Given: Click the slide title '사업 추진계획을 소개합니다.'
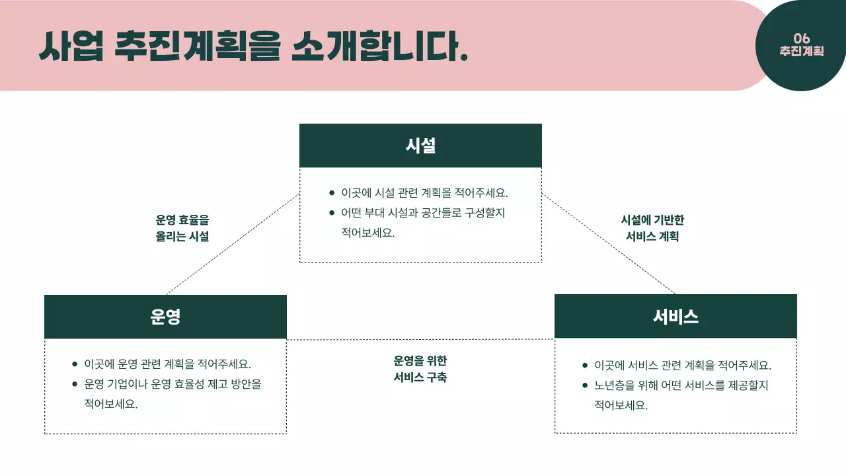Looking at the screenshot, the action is point(253,46).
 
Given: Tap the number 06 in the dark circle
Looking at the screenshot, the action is point(802,38).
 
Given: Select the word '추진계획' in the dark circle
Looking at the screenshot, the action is point(802,51).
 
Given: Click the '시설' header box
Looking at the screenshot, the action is point(420,145).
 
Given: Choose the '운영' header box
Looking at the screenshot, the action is point(165,317).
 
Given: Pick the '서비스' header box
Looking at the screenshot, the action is point(675,316).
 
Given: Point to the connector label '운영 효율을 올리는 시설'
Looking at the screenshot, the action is point(182,228).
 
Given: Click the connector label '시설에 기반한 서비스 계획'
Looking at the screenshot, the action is point(652,228).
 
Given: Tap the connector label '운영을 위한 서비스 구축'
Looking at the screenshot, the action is point(420,369).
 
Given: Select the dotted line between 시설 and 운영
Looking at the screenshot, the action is point(233,245).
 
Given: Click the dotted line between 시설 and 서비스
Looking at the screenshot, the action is point(608,244).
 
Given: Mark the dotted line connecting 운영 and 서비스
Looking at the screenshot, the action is point(420,340).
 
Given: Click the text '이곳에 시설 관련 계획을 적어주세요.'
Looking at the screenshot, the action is point(424,193).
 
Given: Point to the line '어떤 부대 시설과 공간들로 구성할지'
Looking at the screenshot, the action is point(423,213).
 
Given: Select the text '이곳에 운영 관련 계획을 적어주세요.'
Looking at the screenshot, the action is point(168,364).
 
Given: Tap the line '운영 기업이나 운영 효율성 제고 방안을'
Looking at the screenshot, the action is point(173,383).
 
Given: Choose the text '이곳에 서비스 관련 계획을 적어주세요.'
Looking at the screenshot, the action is point(683,365).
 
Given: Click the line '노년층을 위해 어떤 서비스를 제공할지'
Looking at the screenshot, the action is point(681,385).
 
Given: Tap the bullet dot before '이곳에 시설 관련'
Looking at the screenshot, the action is point(332,193).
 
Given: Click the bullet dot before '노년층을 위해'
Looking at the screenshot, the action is point(585,385).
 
